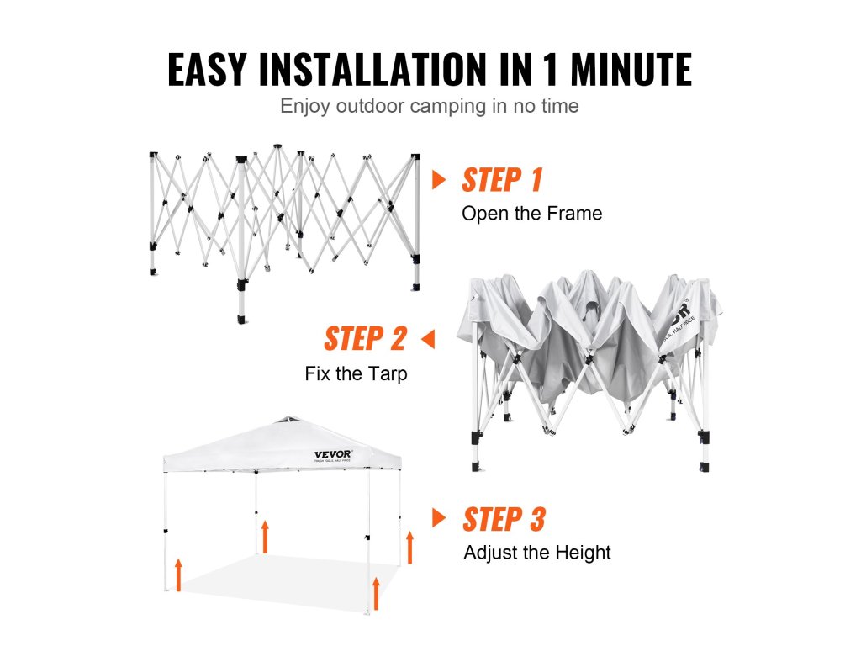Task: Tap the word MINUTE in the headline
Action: tap(631, 69)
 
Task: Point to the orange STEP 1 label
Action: tap(502, 180)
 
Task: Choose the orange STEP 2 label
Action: tap(365, 338)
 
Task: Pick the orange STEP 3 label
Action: tap(504, 519)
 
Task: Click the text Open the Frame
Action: tap(531, 213)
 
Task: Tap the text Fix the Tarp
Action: tap(356, 373)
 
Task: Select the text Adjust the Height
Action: tap(537, 552)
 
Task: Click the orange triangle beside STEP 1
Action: tap(439, 180)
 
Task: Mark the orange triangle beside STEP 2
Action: tap(428, 339)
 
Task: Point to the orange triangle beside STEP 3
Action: tap(439, 517)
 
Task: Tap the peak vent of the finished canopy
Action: tap(290, 421)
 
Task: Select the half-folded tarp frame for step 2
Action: tap(589, 371)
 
